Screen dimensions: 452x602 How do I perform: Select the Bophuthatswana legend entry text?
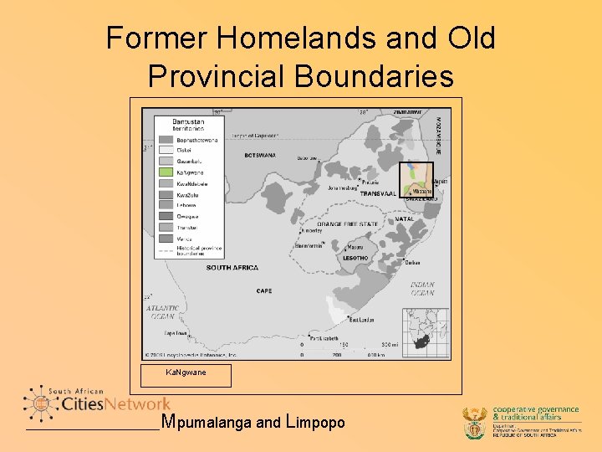coord(196,139)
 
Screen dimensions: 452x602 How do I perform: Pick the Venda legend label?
coord(184,238)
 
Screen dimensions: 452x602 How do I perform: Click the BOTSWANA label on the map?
coord(260,155)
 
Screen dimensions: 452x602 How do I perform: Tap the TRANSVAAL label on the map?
coord(377,193)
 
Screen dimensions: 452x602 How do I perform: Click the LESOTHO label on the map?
coord(355,258)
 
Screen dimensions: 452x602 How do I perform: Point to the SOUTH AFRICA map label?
coord(231,267)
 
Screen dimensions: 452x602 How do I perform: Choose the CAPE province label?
coord(264,291)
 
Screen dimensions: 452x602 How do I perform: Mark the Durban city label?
coord(412,263)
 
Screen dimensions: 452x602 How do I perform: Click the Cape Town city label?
coord(176,332)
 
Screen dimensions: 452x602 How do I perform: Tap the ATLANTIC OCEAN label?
coord(162,312)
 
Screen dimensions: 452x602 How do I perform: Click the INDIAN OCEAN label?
coord(422,289)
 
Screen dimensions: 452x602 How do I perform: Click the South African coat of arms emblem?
coord(475,422)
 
